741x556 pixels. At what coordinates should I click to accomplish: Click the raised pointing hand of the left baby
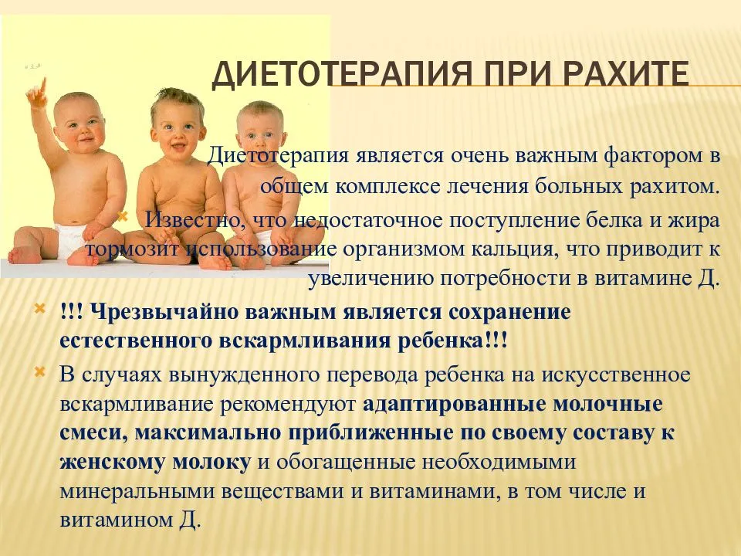coord(38,93)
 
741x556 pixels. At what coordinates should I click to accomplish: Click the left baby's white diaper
coord(70,239)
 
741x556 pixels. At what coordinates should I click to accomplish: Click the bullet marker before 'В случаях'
coord(40,372)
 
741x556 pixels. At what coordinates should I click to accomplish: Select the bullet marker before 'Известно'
coord(123,216)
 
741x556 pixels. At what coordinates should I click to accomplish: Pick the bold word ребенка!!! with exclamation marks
coord(452,341)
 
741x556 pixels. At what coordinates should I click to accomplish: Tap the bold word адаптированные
coord(455,404)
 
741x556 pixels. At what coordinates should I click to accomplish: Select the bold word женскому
coord(113,463)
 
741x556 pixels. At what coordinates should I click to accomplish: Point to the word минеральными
coord(137,492)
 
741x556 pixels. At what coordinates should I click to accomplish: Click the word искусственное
coord(616,375)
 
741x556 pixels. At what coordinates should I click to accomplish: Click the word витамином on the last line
coord(115,520)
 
